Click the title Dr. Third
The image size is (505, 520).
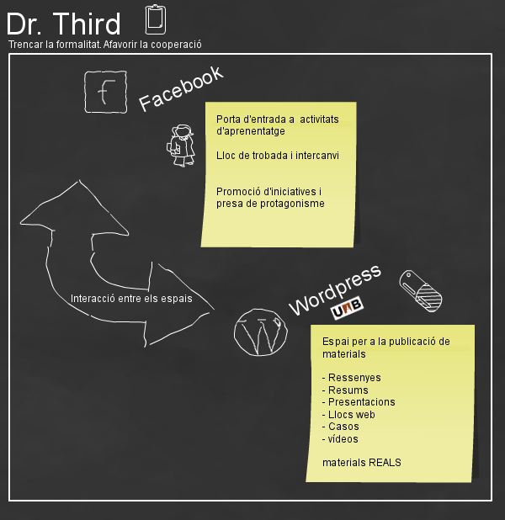[63, 23]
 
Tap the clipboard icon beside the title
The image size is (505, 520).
[156, 19]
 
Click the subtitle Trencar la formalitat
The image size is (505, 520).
[51, 45]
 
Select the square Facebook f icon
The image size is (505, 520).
[106, 92]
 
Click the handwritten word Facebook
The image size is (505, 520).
[181, 88]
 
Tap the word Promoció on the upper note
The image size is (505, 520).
[239, 191]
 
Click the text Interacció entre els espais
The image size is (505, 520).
[131, 298]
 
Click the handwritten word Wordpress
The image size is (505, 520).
[334, 289]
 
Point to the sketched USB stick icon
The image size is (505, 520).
[420, 289]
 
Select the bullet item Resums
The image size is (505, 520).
[348, 390]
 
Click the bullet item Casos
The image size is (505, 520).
[343, 427]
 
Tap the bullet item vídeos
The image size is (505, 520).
[343, 438]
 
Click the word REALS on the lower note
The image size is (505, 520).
[383, 462]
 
